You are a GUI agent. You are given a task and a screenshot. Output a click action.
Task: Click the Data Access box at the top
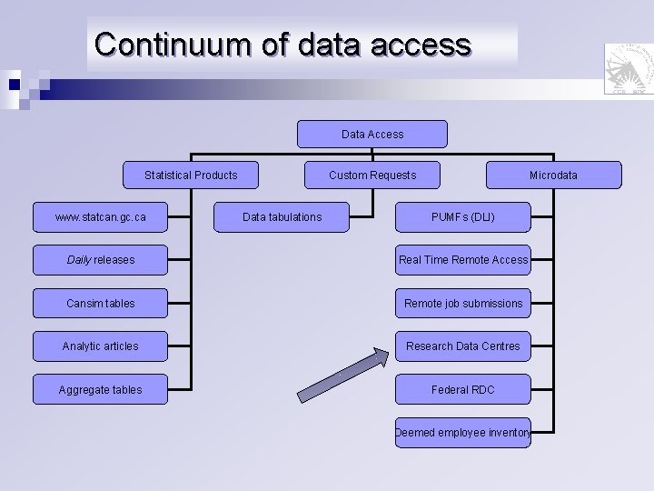pyautogui.click(x=372, y=134)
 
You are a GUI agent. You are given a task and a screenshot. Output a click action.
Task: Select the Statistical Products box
pyautogui.click(x=191, y=175)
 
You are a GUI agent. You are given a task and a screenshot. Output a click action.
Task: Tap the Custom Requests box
pyautogui.click(x=372, y=175)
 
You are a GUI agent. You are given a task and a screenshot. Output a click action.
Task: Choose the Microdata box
pyautogui.click(x=554, y=175)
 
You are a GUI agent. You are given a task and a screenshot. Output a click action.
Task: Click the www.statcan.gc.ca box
pyautogui.click(x=100, y=217)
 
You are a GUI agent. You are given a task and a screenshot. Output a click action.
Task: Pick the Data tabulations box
pyautogui.click(x=282, y=217)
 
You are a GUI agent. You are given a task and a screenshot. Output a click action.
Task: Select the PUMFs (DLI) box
pyautogui.click(x=463, y=217)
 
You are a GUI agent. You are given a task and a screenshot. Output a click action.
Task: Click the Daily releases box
pyautogui.click(x=100, y=260)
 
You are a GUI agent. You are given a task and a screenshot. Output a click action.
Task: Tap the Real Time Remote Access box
pyautogui.click(x=463, y=260)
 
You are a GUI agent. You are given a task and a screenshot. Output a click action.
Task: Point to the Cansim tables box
pyautogui.click(x=100, y=303)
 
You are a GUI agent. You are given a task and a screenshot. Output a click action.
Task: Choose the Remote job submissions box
pyautogui.click(x=463, y=303)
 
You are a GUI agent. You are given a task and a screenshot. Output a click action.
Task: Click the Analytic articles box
pyautogui.click(x=100, y=346)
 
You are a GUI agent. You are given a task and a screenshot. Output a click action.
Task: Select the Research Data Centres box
pyautogui.click(x=463, y=346)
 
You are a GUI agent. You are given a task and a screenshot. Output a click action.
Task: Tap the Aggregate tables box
pyautogui.click(x=100, y=389)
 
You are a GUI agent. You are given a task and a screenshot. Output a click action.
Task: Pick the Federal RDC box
pyautogui.click(x=463, y=389)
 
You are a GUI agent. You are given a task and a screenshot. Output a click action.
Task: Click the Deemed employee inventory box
pyautogui.click(x=463, y=433)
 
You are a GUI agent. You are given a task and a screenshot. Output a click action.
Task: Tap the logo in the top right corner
pyautogui.click(x=628, y=69)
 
